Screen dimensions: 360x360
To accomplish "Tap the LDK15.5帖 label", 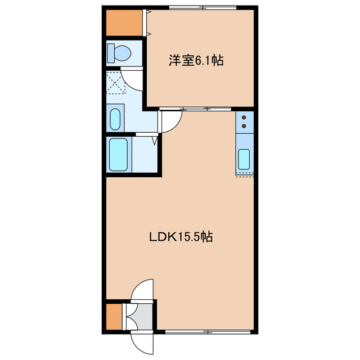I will (x=180, y=237).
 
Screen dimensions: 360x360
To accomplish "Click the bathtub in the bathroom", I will (x=119, y=155).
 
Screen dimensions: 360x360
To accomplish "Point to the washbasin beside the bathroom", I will (x=115, y=119).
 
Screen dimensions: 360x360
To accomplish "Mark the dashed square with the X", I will (x=115, y=83).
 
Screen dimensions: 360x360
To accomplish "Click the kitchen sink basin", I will (x=244, y=159).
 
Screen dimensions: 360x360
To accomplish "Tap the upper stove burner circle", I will (x=245, y=118).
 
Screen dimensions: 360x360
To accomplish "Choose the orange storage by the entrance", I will (x=114, y=316).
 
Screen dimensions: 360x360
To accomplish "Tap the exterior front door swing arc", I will (x=141, y=341).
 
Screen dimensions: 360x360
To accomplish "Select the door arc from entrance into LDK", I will (x=141, y=290).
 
